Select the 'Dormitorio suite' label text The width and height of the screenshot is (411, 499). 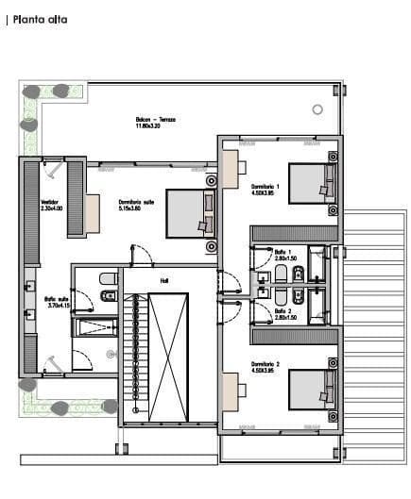click(x=134, y=202)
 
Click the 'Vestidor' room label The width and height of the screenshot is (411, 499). click(x=50, y=202)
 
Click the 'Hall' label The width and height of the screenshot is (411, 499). click(x=163, y=280)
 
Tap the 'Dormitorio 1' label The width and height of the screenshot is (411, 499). click(x=265, y=188)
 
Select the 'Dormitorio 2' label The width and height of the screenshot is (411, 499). click(x=265, y=363)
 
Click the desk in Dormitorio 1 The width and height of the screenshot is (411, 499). click(x=230, y=168)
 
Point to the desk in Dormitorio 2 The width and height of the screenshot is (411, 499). click(x=230, y=388)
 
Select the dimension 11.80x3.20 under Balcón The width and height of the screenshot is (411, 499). click(x=149, y=127)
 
